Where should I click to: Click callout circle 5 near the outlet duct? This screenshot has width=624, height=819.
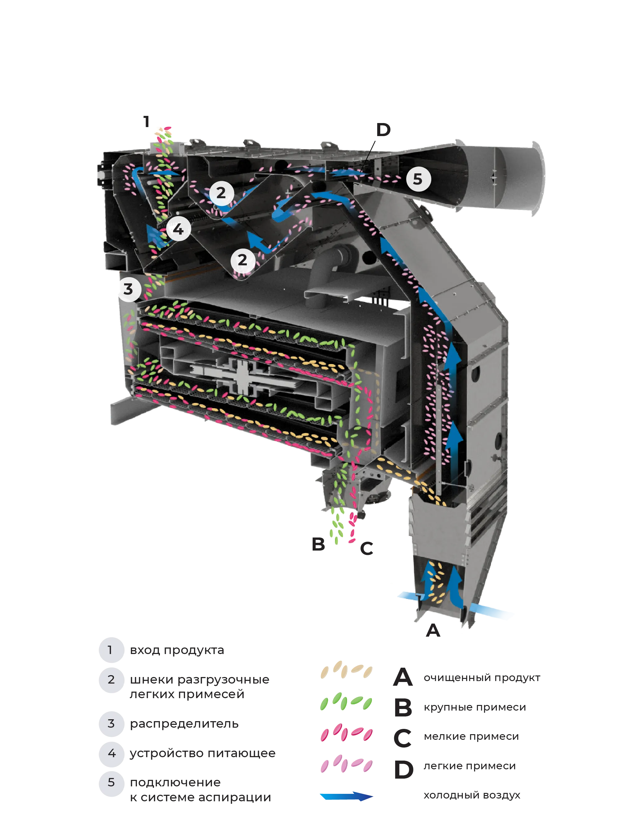point(418,179)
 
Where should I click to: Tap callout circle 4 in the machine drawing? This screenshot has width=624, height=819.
point(179,229)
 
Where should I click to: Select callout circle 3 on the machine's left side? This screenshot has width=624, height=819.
point(129,289)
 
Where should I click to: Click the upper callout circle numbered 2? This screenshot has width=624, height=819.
point(221,193)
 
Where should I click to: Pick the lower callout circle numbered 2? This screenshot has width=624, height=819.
point(242,260)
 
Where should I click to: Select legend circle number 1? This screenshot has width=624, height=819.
point(110,650)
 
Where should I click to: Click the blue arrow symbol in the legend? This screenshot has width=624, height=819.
point(346,796)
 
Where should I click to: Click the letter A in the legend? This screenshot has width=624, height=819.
point(403,677)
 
